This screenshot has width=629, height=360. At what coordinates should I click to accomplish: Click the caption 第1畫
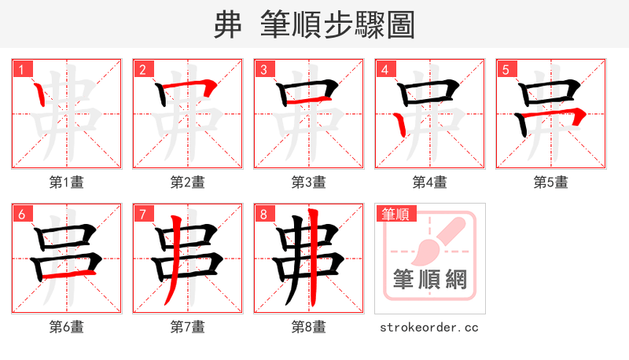(67, 182)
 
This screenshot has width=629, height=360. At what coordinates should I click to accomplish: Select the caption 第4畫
(430, 182)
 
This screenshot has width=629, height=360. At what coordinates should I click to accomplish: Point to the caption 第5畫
(551, 182)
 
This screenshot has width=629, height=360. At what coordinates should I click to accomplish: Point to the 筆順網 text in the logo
(430, 280)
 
